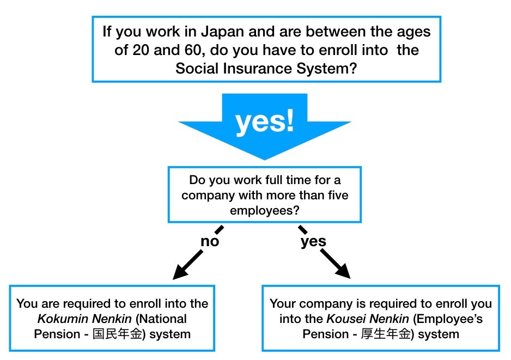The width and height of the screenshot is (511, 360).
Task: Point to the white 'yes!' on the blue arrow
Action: tap(265, 122)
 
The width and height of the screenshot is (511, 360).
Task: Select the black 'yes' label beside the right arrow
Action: tap(313, 241)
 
